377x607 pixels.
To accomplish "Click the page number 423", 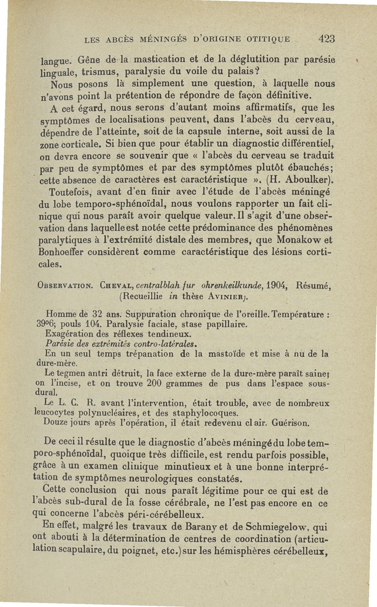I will (326, 39).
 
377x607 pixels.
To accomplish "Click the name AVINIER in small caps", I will (229, 296).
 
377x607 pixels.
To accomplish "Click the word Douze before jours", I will (56, 423).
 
